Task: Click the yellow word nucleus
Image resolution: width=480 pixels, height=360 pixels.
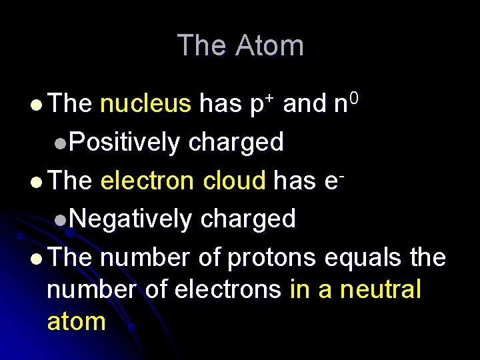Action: [145, 104]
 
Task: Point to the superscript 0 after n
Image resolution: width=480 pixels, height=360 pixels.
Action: [354, 98]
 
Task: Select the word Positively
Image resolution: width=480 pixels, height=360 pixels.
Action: [124, 142]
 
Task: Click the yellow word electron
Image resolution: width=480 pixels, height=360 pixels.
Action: [148, 180]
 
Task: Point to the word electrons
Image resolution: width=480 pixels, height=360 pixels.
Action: [227, 290]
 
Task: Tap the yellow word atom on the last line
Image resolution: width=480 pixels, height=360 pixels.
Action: [77, 321]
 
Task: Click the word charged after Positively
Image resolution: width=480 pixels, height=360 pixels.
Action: [235, 142]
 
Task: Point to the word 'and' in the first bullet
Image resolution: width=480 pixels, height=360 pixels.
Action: [305, 104]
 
